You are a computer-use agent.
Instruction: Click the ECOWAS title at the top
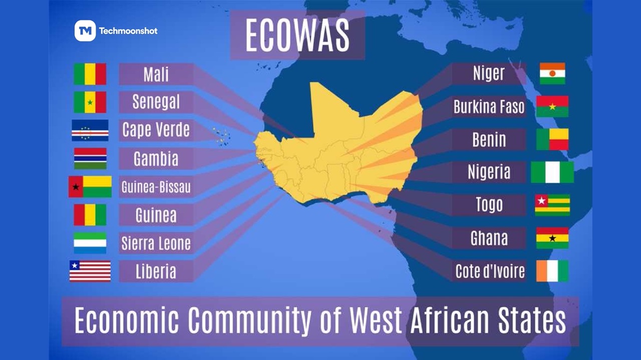tap(297, 36)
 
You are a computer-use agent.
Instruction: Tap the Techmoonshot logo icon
tap(85, 31)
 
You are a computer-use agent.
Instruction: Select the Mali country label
tap(156, 75)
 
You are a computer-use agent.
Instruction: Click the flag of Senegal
tap(90, 102)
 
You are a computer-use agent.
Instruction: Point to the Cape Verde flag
tap(90, 130)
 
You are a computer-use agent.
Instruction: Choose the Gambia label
tap(156, 159)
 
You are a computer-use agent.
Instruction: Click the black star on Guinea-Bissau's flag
tap(76, 187)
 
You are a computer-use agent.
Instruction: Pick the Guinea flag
tap(90, 215)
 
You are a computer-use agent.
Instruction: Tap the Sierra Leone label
tap(156, 243)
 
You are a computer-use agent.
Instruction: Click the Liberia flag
tap(90, 271)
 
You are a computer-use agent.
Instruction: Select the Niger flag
tap(552, 74)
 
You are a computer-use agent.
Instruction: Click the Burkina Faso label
tap(489, 107)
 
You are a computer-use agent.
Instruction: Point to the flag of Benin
tap(552, 139)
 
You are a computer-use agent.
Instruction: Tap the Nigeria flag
tap(552, 172)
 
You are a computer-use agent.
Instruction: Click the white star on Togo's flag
tap(541, 200)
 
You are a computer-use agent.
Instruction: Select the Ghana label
tap(489, 238)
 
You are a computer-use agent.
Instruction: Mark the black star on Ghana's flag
tap(552, 238)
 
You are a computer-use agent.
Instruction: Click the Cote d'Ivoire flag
tap(552, 271)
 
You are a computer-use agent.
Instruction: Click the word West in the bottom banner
tap(376, 320)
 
